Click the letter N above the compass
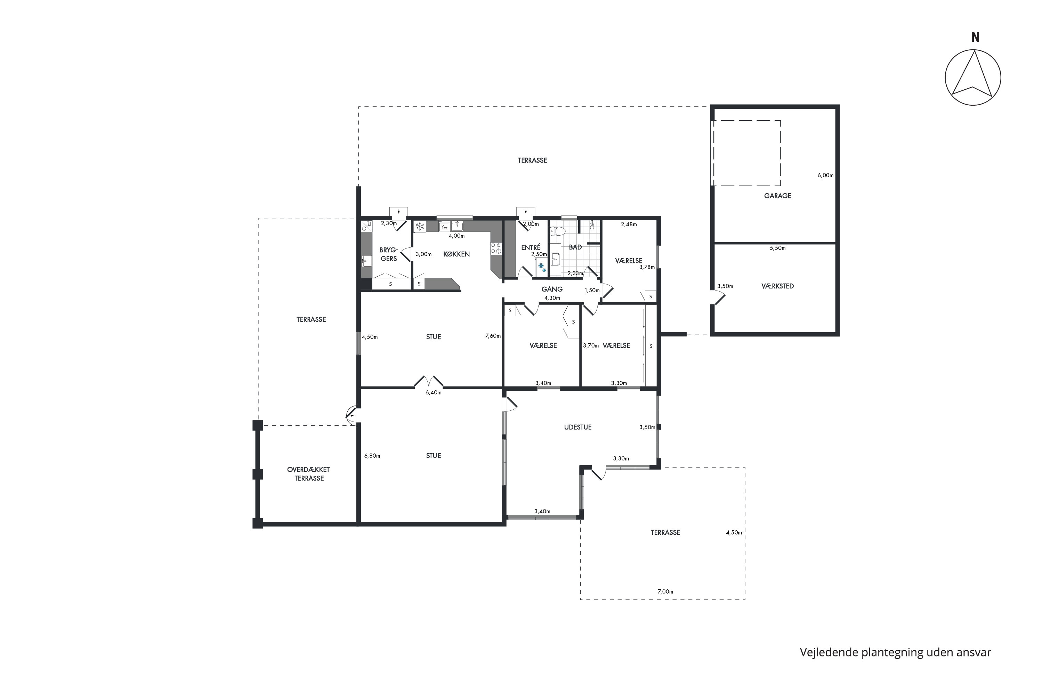click(x=975, y=37)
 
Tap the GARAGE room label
click(x=777, y=195)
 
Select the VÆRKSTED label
click(x=777, y=286)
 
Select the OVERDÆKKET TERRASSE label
click(x=309, y=474)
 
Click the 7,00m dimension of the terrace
click(x=665, y=592)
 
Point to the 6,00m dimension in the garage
click(x=825, y=175)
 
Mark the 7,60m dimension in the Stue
click(x=493, y=336)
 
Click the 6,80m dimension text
click(x=372, y=456)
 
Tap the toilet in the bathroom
click(x=558, y=231)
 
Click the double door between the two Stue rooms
click(x=429, y=381)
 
